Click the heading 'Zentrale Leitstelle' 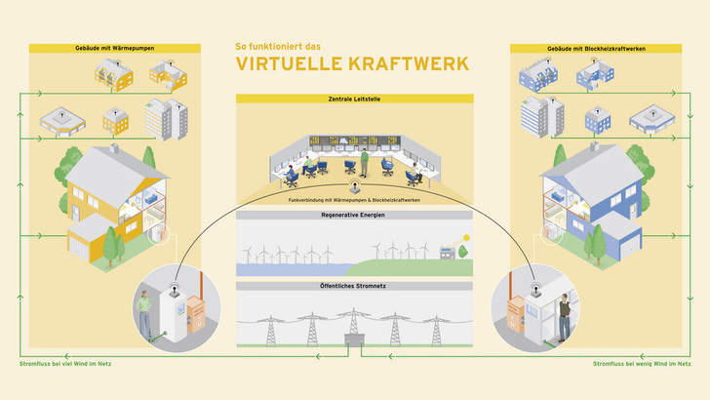click(x=354, y=99)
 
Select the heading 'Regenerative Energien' click(x=354, y=215)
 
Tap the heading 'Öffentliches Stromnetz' click(x=354, y=286)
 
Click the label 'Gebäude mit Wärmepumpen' click(x=113, y=47)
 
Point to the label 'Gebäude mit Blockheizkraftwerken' click(x=596, y=47)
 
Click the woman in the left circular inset click(x=143, y=317)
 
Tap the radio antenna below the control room click(x=354, y=184)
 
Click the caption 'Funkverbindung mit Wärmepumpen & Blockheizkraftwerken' click(x=354, y=200)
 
